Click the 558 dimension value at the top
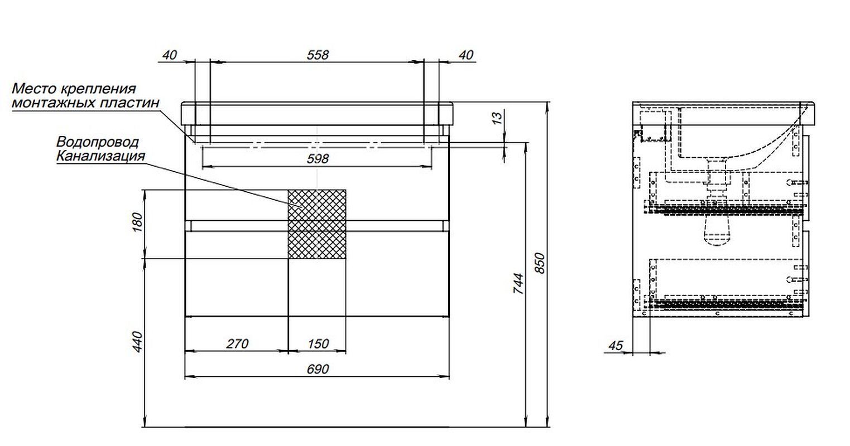318,55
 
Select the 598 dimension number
318,159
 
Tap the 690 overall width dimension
318,369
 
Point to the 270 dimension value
237,343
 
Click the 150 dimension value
318,343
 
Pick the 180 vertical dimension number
137,222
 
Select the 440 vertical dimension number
137,341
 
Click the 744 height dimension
518,283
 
